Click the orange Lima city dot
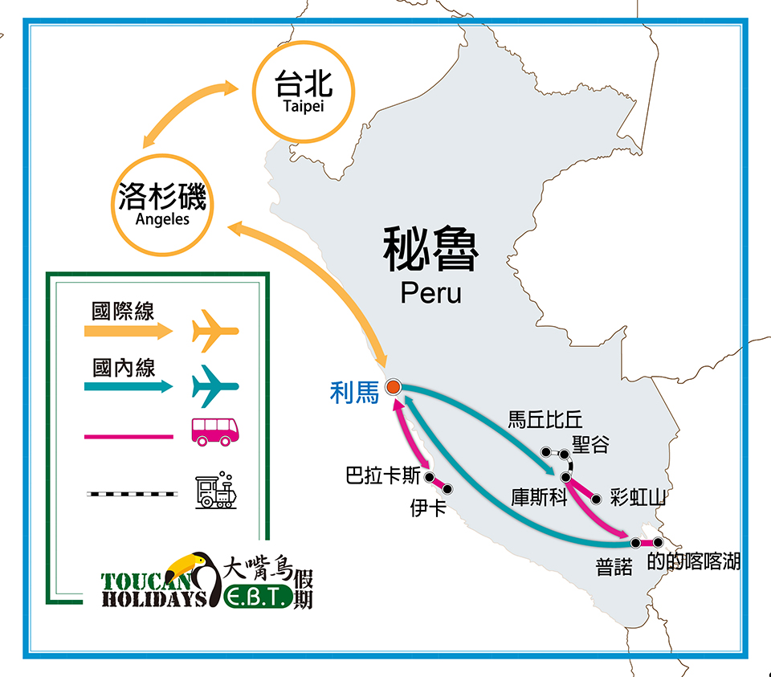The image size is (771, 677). tap(393, 387)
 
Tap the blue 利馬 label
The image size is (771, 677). tap(354, 393)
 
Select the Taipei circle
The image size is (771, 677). tap(304, 92)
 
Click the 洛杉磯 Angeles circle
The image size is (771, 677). tap(162, 205)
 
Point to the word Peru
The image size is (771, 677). tap(430, 293)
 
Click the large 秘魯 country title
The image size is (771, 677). tap(430, 249)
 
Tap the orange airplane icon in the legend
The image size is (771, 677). tap(215, 331)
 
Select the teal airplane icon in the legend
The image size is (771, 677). tap(215, 386)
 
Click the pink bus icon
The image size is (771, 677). tap(215, 432)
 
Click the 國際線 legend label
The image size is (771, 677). tap(123, 312)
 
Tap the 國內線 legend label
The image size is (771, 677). tap(124, 368)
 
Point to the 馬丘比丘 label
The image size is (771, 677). tap(545, 420)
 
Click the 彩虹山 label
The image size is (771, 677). tap(638, 498)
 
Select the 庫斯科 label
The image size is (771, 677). tap(540, 497)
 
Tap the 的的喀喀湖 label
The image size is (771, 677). tap(693, 561)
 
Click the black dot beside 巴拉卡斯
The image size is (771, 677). tap(429, 477)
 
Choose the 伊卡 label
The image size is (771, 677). tap(428, 508)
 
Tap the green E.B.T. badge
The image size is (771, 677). tap(258, 597)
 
